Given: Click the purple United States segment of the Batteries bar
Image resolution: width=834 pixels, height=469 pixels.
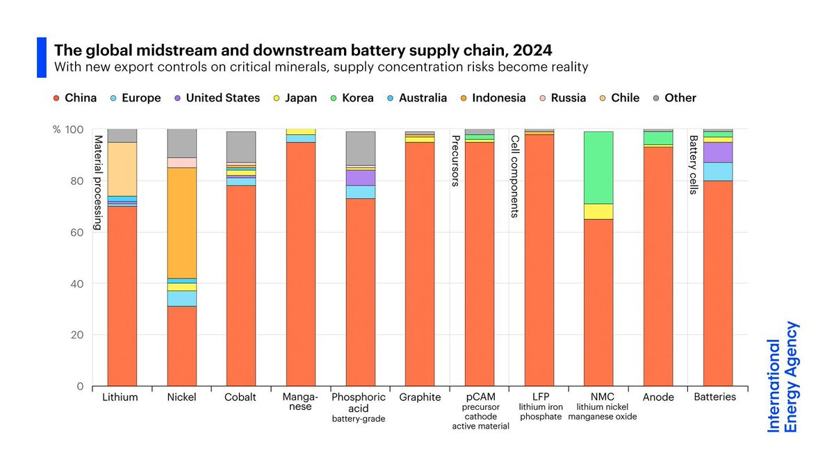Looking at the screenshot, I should click(x=718, y=152).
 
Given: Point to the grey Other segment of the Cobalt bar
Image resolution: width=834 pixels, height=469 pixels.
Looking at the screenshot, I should click(x=241, y=146).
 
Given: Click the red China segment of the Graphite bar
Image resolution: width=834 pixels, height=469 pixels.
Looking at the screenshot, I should click(x=420, y=264).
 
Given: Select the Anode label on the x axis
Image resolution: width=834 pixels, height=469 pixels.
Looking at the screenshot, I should click(x=658, y=397).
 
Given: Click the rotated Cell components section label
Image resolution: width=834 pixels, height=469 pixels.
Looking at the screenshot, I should click(x=515, y=176).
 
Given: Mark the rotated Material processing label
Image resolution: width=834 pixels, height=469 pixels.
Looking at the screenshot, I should click(x=98, y=182).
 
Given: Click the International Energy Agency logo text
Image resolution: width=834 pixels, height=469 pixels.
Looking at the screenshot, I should click(x=783, y=377).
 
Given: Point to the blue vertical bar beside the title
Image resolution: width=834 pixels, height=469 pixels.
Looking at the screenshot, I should click(x=41, y=58).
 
